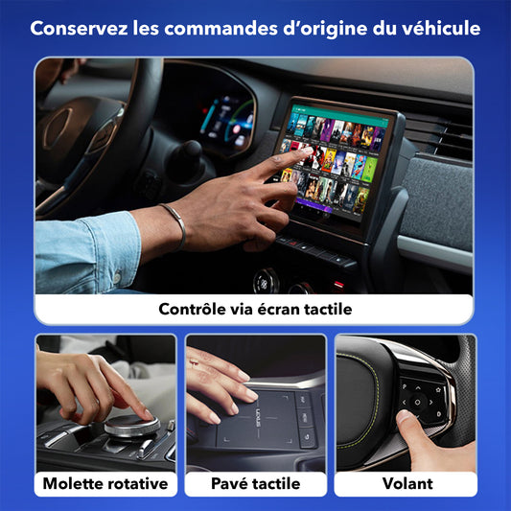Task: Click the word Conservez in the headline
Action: tap(79, 29)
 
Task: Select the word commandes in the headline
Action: tap(221, 29)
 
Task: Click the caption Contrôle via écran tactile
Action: tap(255, 309)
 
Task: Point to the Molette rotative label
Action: tap(105, 483)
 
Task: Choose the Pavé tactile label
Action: tap(255, 483)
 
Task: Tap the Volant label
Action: tap(407, 483)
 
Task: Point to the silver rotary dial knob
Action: tap(132, 426)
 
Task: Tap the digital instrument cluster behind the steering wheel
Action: tap(227, 122)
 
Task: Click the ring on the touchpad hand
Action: tap(195, 362)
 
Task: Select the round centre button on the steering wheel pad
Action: tap(417, 402)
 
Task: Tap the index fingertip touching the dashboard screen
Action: tap(307, 151)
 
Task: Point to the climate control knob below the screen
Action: tap(266, 281)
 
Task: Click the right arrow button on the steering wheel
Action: tap(431, 403)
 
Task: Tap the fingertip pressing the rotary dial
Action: tap(148, 415)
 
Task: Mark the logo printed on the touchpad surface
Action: tap(258, 419)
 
